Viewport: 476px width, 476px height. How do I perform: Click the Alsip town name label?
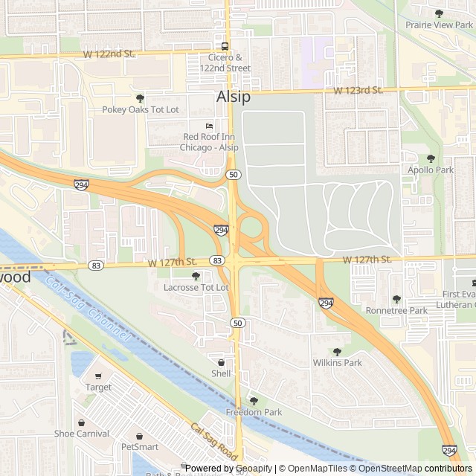click(x=233, y=97)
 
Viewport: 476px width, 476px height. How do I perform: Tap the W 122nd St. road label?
click(x=109, y=54)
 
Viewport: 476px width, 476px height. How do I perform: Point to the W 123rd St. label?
click(x=357, y=90)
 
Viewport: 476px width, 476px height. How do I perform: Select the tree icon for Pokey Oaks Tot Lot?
click(x=140, y=97)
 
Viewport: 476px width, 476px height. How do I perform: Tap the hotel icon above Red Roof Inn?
click(x=210, y=125)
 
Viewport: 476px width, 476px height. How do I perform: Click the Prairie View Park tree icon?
click(x=439, y=13)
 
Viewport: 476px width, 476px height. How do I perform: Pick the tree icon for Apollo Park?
click(x=431, y=158)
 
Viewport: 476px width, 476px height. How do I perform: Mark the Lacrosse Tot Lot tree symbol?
click(x=196, y=276)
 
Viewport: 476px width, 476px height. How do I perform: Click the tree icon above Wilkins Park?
click(x=337, y=352)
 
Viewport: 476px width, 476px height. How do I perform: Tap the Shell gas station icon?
click(x=221, y=362)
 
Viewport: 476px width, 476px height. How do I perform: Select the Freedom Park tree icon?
click(x=254, y=401)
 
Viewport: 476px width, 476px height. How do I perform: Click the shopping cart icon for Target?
click(x=98, y=376)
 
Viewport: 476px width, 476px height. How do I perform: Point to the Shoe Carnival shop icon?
click(x=81, y=422)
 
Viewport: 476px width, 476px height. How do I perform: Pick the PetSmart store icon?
click(x=140, y=436)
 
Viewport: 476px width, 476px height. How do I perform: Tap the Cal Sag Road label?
click(x=213, y=442)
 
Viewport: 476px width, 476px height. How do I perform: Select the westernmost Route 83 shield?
click(x=95, y=265)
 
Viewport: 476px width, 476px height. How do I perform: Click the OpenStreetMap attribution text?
click(x=385, y=469)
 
